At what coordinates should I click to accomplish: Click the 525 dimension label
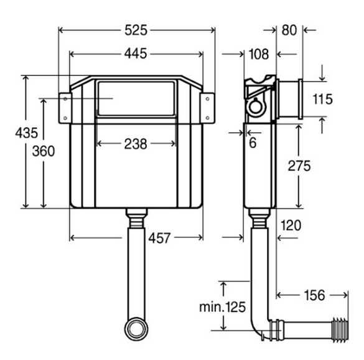tap(136, 31)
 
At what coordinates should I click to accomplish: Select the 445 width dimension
tap(136, 54)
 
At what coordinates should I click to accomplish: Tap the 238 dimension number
tap(136, 144)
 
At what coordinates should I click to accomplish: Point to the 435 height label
tap(27, 133)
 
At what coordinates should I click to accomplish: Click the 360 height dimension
tap(44, 151)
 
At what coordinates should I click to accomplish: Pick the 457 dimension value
tap(160, 238)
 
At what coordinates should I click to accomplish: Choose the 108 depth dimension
tap(259, 54)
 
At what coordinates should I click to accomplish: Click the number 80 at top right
tap(289, 31)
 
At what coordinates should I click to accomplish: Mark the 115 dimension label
tap(323, 99)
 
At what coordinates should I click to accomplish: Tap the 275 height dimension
tap(299, 166)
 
